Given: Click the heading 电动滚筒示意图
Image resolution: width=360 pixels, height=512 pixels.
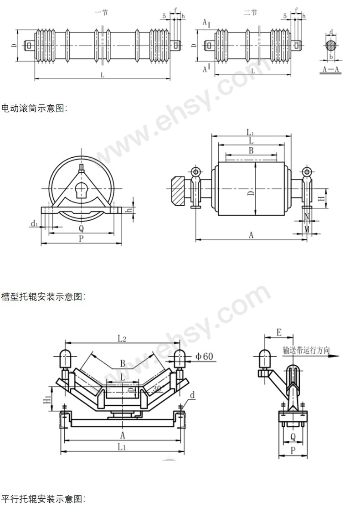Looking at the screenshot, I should click(34, 109).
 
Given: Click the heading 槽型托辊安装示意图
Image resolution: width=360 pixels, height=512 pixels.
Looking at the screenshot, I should click(43, 297).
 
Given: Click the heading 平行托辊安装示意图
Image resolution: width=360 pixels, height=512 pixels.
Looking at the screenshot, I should click(43, 499).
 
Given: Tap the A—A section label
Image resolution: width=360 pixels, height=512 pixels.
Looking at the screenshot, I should click(330, 70).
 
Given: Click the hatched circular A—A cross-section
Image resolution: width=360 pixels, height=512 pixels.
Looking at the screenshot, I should click(332, 46).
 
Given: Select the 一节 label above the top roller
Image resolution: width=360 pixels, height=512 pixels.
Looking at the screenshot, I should click(101, 13).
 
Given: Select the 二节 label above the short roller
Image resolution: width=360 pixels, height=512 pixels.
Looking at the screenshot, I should click(250, 13).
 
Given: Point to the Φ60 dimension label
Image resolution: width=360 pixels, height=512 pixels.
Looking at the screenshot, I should click(205, 356).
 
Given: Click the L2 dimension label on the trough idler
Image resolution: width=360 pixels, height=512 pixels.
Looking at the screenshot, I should click(121, 338).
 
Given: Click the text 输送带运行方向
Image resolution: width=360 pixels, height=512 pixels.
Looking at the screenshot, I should click(305, 351).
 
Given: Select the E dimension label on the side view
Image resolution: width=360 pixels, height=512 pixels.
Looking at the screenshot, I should click(279, 332).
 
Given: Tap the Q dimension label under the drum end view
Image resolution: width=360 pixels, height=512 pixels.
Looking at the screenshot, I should click(81, 228).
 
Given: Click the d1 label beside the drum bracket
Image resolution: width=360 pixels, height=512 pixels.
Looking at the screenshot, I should click(33, 223).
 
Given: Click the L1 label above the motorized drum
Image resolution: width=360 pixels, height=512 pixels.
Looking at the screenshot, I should click(250, 132).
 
